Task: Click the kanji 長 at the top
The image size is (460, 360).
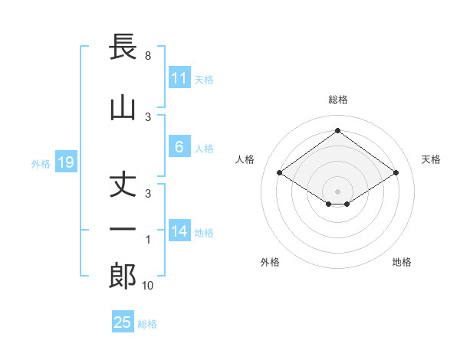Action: [123, 46]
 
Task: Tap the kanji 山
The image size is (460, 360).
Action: [123, 109]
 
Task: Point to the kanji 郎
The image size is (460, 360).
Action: [123, 276]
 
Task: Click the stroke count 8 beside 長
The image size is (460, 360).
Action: [148, 56]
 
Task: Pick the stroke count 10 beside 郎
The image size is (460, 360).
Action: [147, 285]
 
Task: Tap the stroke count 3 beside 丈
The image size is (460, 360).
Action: [148, 194]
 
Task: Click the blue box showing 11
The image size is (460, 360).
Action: [180, 77]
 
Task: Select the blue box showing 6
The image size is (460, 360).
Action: [180, 146]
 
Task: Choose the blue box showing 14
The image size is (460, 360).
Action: [180, 230]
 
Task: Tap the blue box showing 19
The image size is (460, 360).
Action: [66, 162]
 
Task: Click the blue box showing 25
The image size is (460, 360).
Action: [123, 321]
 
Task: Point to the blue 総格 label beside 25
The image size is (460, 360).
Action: [147, 324]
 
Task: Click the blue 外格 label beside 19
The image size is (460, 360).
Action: [41, 164]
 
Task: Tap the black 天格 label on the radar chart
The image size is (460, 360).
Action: [431, 159]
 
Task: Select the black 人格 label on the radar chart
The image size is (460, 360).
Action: [245, 159]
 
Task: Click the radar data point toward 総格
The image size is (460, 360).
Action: [337, 130]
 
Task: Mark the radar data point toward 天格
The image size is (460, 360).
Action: [396, 172]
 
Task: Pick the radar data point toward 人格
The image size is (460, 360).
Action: [280, 172]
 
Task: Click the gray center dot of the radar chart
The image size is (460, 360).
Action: [337, 191]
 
